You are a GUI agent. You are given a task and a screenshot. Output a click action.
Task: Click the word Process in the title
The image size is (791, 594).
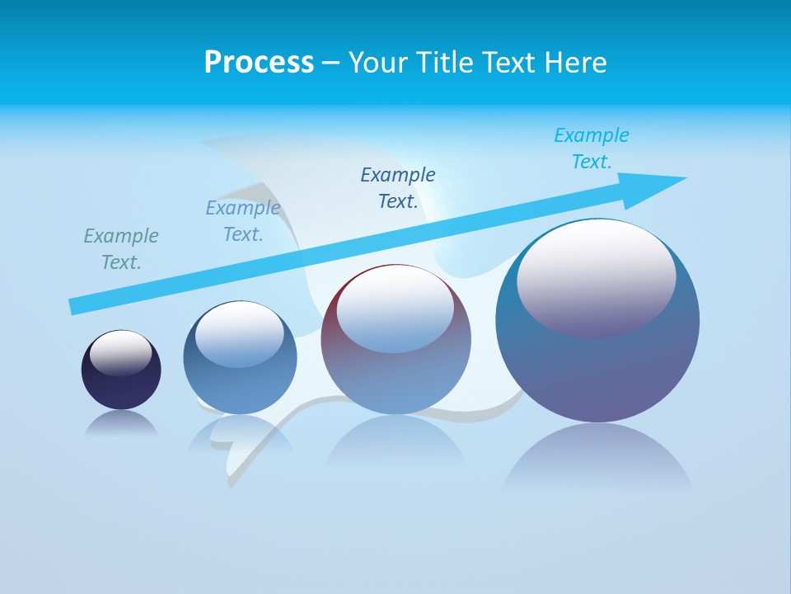point(259,63)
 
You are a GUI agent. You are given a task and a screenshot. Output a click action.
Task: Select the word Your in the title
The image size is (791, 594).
point(375,63)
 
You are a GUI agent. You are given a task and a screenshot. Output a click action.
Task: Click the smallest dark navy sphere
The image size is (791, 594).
point(121,370)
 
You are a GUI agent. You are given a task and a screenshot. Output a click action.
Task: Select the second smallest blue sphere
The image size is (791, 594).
point(240,358)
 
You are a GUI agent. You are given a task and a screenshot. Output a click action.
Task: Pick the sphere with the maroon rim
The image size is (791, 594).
point(395,339)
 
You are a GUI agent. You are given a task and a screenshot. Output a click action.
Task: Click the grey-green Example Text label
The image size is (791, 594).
point(121,248)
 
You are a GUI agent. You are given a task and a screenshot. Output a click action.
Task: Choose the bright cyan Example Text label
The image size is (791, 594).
point(592,148)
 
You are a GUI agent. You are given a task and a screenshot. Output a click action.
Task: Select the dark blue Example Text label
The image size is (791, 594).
point(398,187)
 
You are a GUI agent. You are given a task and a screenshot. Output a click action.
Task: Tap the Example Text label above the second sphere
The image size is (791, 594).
point(243,221)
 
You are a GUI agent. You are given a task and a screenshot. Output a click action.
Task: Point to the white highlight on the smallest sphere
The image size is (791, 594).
point(120,352)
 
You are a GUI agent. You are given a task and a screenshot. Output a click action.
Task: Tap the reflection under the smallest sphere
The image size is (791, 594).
point(121,423)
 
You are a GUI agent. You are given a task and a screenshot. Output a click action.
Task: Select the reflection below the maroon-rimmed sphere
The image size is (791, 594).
point(395,445)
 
